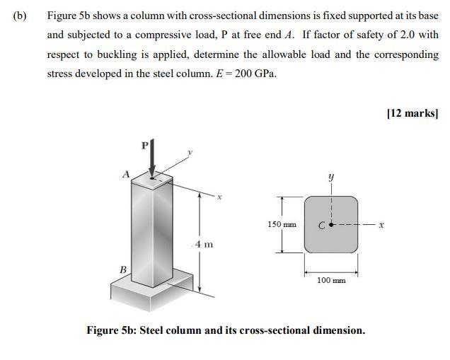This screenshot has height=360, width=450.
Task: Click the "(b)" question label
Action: (x=18, y=15)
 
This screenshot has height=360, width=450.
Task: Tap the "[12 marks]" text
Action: (x=412, y=113)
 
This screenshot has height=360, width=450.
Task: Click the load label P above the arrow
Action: (x=144, y=145)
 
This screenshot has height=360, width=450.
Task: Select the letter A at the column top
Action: (x=125, y=174)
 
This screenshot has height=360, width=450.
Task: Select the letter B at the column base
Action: (x=122, y=269)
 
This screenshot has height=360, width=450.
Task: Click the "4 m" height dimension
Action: (x=204, y=244)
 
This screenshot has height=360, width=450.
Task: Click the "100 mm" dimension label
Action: (x=330, y=281)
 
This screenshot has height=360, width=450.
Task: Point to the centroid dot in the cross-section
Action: (x=330, y=226)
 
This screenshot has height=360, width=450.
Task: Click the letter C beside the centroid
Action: (x=321, y=226)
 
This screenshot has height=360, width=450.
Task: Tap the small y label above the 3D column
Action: (x=189, y=152)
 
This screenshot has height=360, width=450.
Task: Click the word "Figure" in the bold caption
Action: (x=106, y=330)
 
